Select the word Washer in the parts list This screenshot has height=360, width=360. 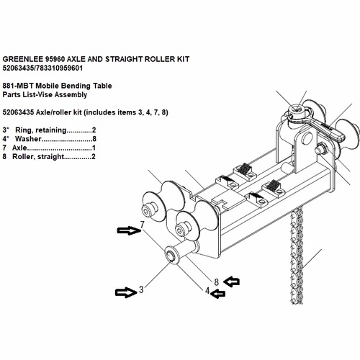29,138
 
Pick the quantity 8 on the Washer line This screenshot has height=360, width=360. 96,138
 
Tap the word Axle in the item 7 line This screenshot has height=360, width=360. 22,147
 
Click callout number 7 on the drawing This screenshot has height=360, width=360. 143,225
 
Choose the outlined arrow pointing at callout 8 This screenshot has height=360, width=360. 235,279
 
